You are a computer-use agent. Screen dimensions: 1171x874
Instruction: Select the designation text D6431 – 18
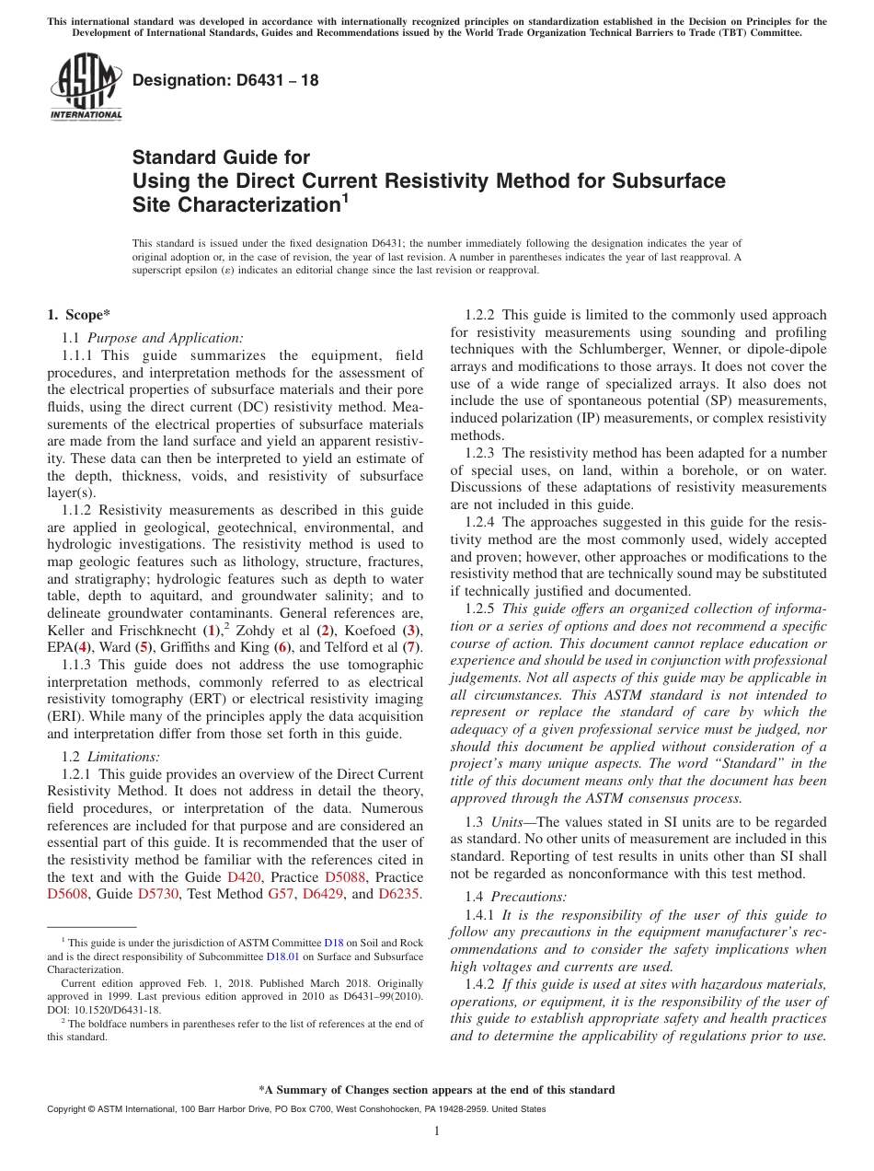coord(225,80)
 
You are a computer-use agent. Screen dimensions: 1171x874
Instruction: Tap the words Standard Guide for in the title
coord(221,157)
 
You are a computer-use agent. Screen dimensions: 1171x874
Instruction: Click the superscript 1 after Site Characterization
coord(345,196)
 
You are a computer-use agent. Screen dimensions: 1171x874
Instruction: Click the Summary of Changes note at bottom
coord(436,1090)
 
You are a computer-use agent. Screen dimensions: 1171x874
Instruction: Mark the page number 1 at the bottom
coord(437,1131)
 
